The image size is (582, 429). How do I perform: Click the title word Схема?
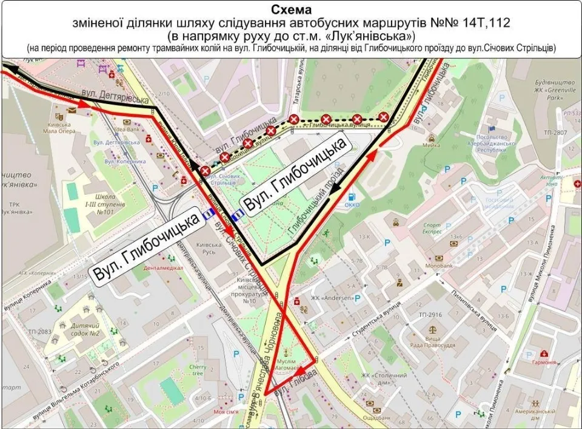coord(290,11)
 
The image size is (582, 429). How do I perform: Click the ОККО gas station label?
coord(352,205)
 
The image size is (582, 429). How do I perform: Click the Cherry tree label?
coord(198,370)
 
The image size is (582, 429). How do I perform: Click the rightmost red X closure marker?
coord(383,117)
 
